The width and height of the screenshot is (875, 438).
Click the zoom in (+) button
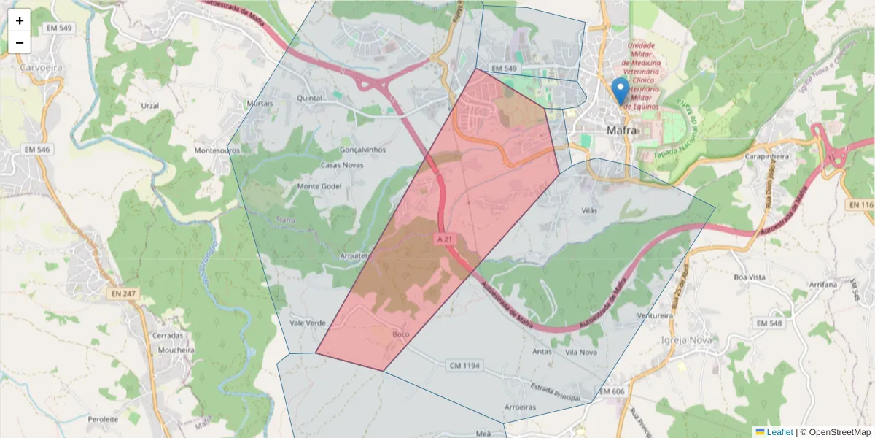20,20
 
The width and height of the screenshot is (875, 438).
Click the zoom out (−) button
20,42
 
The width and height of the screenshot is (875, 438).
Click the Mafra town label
622,131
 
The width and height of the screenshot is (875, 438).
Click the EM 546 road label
38,150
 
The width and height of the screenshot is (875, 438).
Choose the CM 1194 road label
464,364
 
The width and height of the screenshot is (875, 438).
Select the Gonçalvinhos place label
362,150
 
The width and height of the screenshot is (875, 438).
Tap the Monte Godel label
319,186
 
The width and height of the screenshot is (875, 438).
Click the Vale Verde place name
308,323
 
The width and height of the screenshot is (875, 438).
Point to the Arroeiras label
520,407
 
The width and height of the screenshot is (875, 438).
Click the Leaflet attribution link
779,432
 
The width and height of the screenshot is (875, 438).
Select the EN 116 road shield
860,206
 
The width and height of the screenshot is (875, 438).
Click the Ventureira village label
655,315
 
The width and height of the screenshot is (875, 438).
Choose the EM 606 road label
612,392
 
